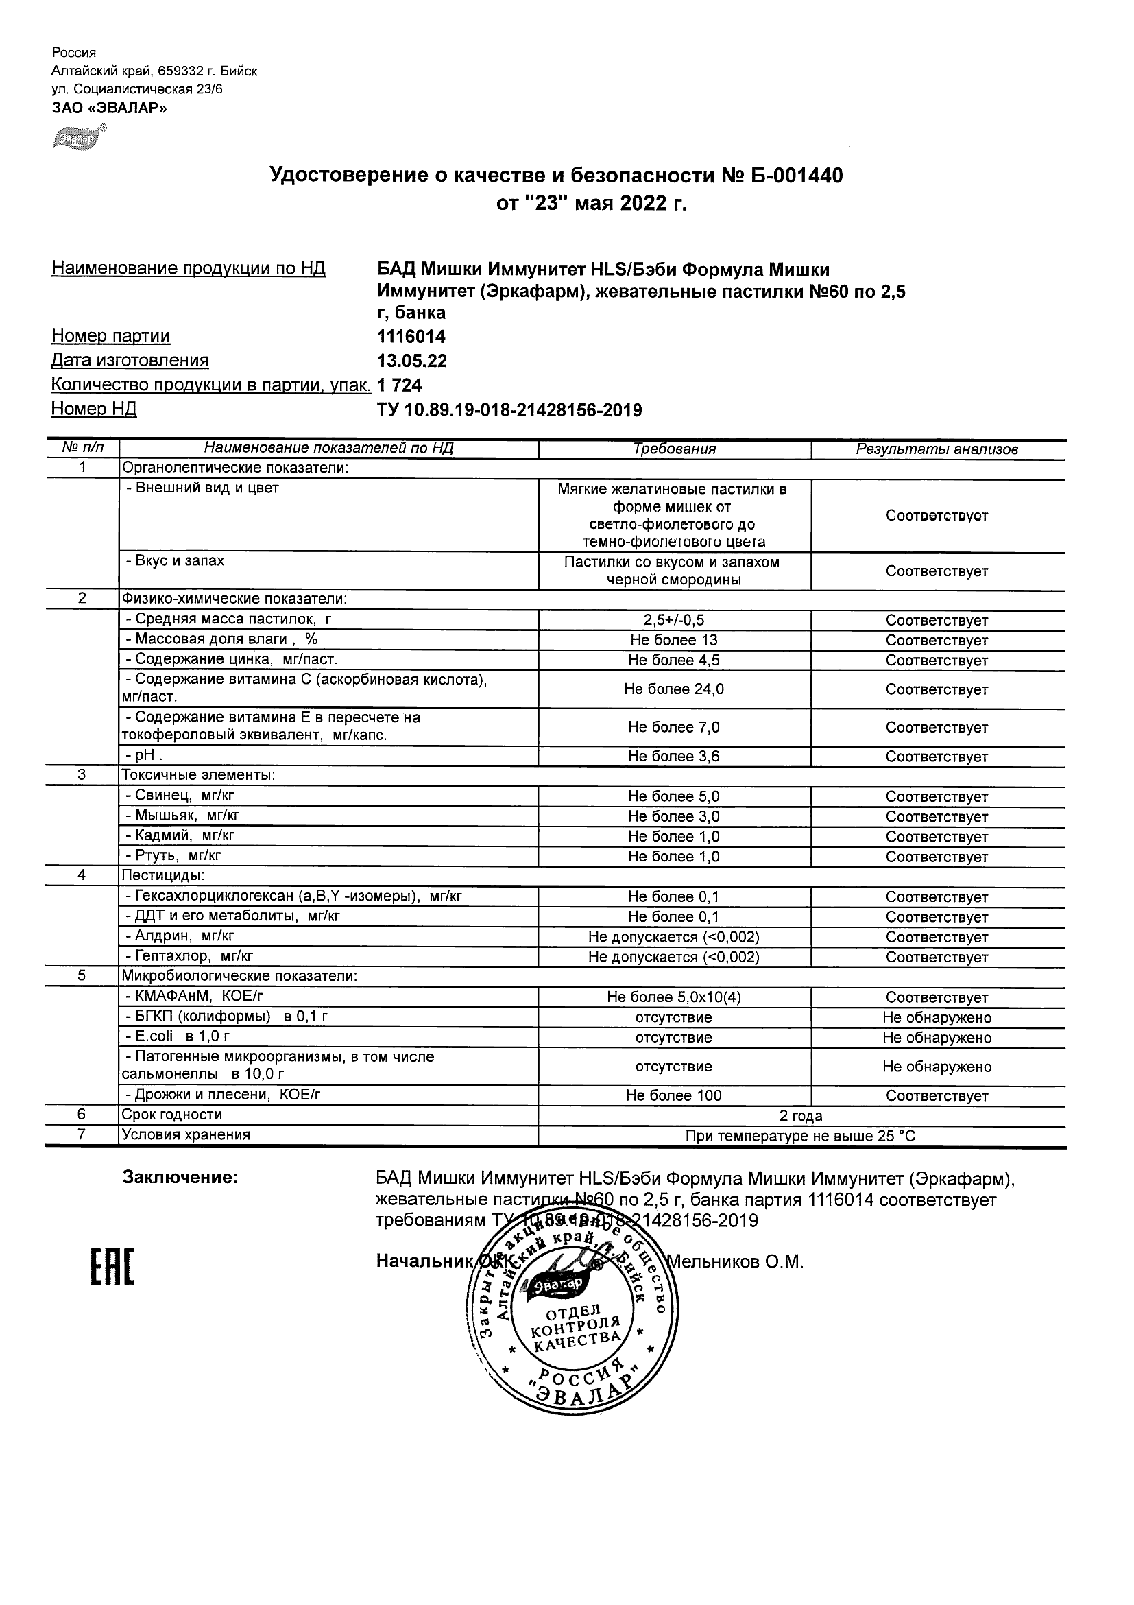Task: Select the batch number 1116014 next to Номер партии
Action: tap(411, 337)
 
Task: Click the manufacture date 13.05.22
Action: tap(411, 361)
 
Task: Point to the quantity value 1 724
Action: tap(399, 385)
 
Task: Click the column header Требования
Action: tap(674, 449)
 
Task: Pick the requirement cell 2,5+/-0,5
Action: tap(674, 620)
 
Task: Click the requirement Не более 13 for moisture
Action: tap(674, 641)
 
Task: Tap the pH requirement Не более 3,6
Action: tap(674, 757)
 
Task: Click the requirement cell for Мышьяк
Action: tap(674, 816)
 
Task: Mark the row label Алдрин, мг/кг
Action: tap(180, 936)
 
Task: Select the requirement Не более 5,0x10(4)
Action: tap(674, 997)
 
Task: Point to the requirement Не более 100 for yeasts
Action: tap(674, 1096)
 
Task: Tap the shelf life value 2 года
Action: tap(801, 1116)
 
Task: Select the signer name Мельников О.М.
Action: tap(736, 1262)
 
